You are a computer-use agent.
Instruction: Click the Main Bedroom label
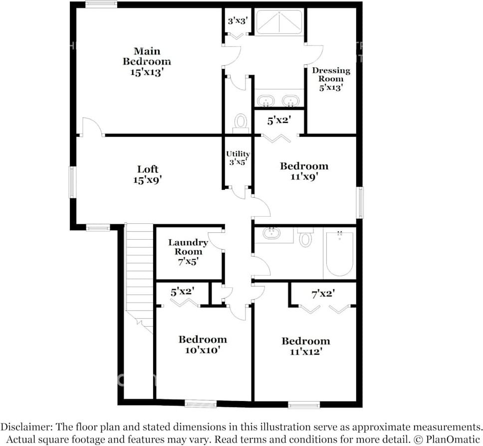(x=147, y=61)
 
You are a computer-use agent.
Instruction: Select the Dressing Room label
(x=331, y=79)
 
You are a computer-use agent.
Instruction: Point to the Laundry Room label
(x=188, y=251)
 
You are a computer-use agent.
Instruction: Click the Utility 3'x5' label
(x=238, y=158)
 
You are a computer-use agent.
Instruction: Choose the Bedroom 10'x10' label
(x=203, y=345)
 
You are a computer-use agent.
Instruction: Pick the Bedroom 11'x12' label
(x=305, y=346)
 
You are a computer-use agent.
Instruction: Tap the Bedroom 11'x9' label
(x=304, y=171)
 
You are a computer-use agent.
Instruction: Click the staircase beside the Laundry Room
(x=139, y=275)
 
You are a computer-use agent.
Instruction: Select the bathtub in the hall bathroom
(x=339, y=253)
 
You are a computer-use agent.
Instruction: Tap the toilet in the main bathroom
(x=241, y=122)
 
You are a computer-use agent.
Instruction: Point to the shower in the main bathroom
(x=279, y=22)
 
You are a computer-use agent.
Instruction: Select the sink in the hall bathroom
(x=271, y=233)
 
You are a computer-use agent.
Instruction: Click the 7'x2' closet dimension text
(x=322, y=294)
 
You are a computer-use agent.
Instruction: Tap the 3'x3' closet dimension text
(x=238, y=21)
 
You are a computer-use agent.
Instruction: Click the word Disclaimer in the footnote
(x=23, y=427)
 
